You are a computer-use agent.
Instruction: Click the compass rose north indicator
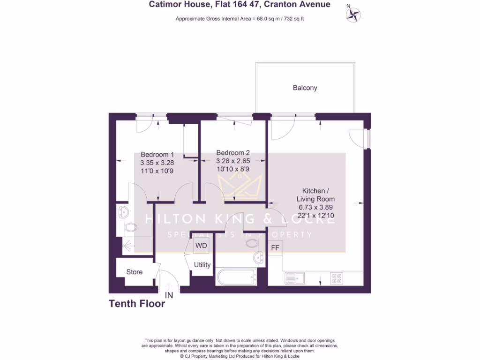[x=353, y=14]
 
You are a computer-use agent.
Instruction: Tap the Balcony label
[x=305, y=88]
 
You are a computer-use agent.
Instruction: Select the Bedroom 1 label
[x=157, y=154]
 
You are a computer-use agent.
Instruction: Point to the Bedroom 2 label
[x=233, y=153]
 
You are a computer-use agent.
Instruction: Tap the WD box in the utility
[x=201, y=246]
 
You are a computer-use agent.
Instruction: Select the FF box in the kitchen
[x=275, y=247]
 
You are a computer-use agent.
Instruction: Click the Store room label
[x=134, y=272]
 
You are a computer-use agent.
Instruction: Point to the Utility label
[x=202, y=265]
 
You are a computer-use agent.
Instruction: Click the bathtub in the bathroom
[x=236, y=277]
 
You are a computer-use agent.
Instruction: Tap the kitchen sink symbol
[x=294, y=278]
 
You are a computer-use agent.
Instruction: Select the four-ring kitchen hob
[x=337, y=278]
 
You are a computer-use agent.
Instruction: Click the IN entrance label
[x=169, y=295]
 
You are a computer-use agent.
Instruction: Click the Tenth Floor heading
[x=137, y=304]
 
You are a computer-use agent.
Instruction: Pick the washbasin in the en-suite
[x=123, y=212]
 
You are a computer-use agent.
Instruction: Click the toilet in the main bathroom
[x=251, y=243]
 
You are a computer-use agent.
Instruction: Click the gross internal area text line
[x=240, y=19]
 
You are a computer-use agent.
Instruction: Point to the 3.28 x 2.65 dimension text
[x=233, y=161]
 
